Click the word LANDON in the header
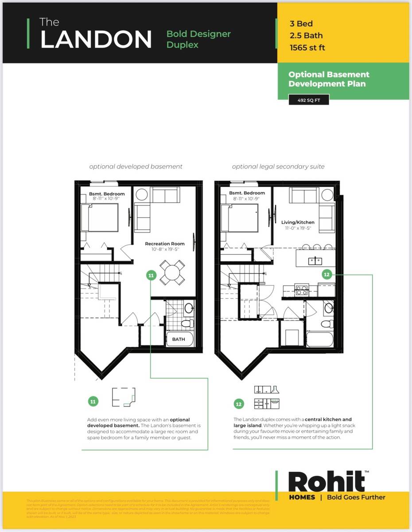96,40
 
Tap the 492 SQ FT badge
308,100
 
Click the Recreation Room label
165,244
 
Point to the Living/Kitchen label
296,222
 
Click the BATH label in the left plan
179,340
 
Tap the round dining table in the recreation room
172,272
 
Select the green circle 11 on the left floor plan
151,276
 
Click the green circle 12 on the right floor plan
326,274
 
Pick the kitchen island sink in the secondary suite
315,261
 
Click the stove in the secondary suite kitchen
302,290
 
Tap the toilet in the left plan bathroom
187,322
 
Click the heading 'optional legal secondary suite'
278,167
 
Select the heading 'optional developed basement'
136,167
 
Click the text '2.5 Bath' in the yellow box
306,35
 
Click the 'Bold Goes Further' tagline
356,497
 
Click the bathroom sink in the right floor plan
328,307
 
